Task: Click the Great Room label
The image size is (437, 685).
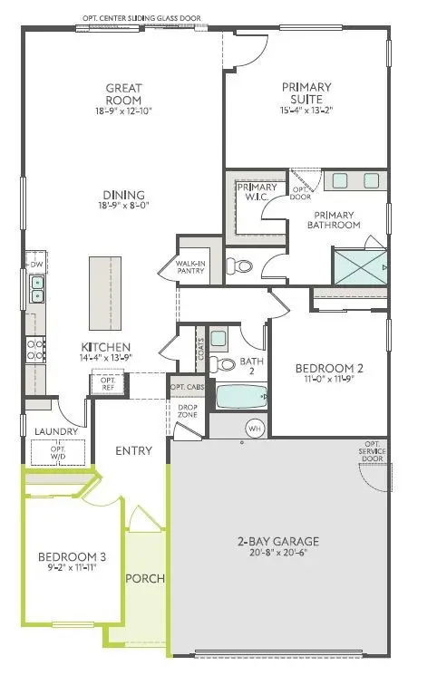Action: [x=123, y=94]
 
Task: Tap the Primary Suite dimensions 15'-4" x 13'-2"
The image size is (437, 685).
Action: [x=306, y=111]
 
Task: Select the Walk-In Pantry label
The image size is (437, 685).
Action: [x=199, y=265]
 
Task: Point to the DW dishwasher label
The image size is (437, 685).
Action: [x=37, y=264]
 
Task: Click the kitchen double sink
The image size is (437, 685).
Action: [x=37, y=288]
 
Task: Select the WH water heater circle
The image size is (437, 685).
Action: [x=255, y=428]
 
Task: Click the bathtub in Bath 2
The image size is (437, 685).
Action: [x=238, y=397]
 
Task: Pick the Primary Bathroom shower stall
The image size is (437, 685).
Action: [x=362, y=268]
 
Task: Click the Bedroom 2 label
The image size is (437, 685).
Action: [x=329, y=368]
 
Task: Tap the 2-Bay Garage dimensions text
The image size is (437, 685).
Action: [x=278, y=553]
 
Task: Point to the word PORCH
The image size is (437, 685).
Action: [x=143, y=578]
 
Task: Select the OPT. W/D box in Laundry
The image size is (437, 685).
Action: [x=59, y=451]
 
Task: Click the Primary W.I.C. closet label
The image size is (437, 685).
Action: [x=251, y=192]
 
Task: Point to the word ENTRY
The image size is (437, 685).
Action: [x=132, y=450]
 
